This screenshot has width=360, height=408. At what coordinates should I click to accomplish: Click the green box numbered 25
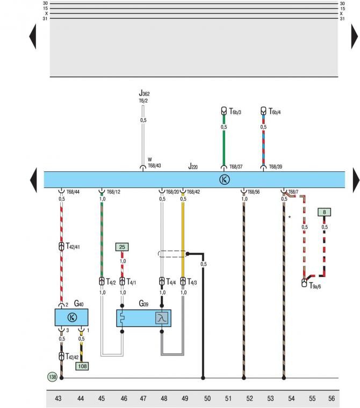pos(122,246)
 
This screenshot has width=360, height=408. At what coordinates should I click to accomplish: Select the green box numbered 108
pos(82,366)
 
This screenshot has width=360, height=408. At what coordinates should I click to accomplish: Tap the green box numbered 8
pos(324,213)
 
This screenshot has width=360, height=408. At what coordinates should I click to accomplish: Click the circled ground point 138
pos(52,378)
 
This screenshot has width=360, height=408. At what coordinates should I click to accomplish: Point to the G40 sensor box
pos(71,317)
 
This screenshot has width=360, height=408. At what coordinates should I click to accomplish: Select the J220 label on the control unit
pos(193,167)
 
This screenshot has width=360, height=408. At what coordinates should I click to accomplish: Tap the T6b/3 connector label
pos(235,112)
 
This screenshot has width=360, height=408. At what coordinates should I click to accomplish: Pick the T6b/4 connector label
pos(275,112)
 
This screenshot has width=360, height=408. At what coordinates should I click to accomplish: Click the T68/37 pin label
pos(237,167)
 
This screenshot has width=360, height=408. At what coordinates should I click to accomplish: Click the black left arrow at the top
pos(32,37)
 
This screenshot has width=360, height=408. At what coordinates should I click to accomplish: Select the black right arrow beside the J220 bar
pos(355,180)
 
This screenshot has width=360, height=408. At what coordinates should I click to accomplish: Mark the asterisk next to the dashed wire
pos(290,217)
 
